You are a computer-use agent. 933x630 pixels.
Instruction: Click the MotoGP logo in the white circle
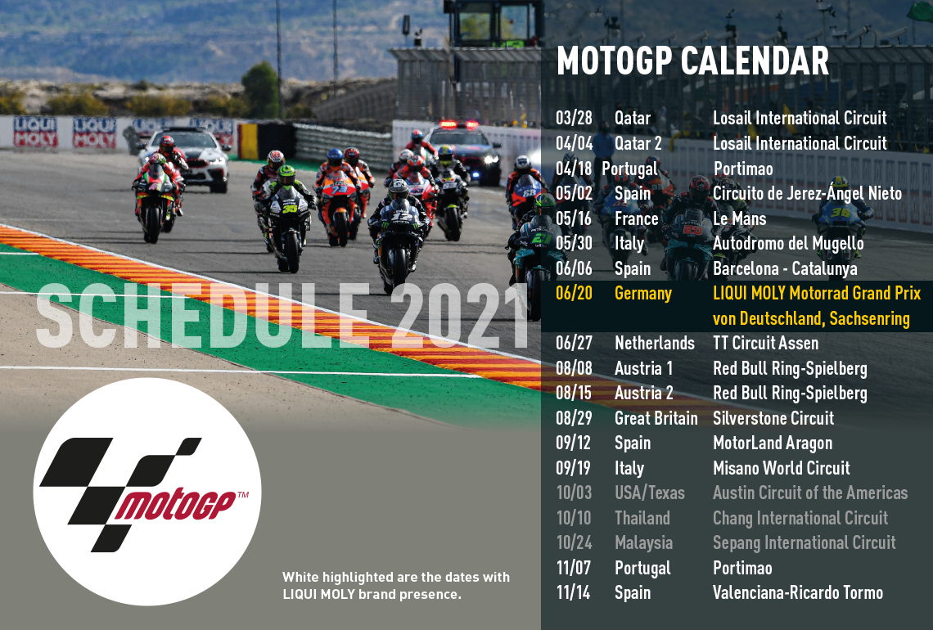[x=146, y=493]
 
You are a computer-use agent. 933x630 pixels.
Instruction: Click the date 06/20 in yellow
[x=574, y=293]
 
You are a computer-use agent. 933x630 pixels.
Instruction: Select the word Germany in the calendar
[x=642, y=294]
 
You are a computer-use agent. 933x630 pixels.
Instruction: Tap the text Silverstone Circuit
[x=773, y=418]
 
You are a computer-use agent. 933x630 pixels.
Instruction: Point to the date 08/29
[x=574, y=418]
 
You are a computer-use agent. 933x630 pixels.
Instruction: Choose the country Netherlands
[x=655, y=344]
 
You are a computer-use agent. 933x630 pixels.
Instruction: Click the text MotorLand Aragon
[x=773, y=443]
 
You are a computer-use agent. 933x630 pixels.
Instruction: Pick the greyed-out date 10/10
[x=574, y=518]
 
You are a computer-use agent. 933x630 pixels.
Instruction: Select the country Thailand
[x=642, y=518]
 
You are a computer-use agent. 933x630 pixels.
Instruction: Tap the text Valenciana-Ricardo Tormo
[x=798, y=592]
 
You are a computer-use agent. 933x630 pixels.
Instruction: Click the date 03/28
[x=574, y=118]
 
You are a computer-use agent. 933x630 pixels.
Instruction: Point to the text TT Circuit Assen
[x=765, y=344]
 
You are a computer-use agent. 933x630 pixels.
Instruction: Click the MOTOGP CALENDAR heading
[x=692, y=61]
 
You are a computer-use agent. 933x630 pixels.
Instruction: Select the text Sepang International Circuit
[x=804, y=543]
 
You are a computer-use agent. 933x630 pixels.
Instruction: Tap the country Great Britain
[x=656, y=418]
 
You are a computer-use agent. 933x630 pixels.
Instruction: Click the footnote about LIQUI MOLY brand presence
[x=395, y=585]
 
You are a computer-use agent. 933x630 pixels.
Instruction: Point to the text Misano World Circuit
[x=782, y=468]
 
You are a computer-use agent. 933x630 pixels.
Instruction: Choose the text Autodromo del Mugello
[x=788, y=243]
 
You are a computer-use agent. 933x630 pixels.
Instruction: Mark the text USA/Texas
[x=649, y=493]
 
